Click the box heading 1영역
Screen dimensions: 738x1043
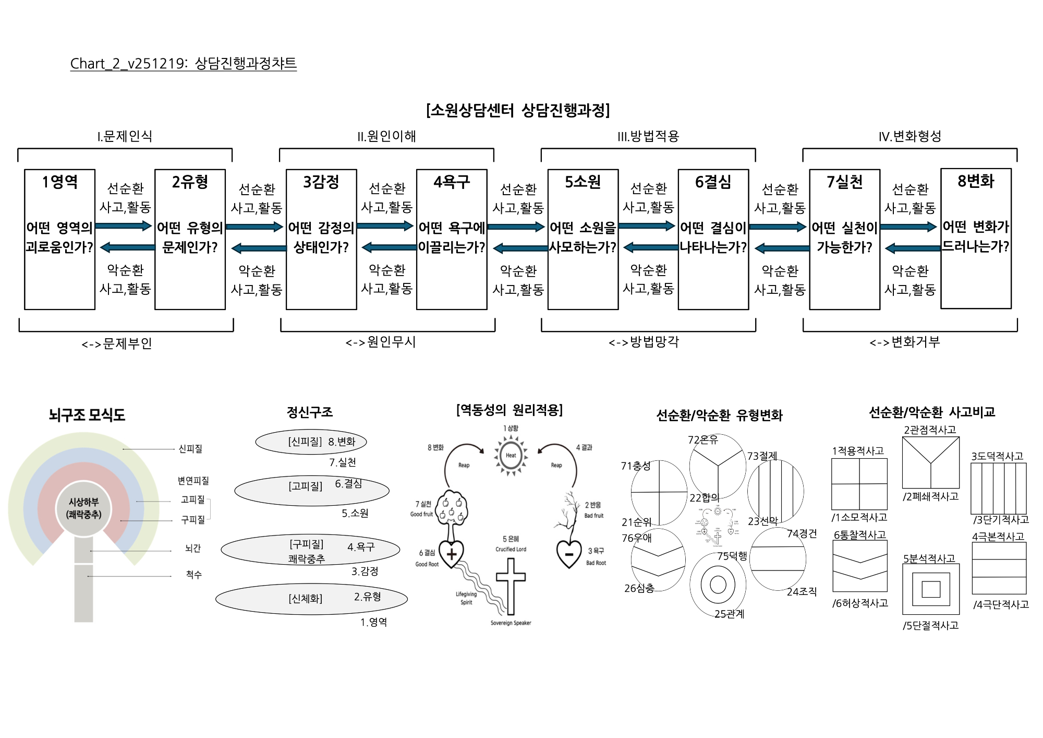coord(60,182)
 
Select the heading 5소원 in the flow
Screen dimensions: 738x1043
coord(583,182)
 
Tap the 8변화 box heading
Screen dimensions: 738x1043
coord(975,181)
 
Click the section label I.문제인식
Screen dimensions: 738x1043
coord(125,136)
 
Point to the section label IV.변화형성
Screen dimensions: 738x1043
coord(909,136)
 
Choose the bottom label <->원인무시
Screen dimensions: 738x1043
coord(381,342)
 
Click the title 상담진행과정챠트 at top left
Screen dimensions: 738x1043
coord(245,63)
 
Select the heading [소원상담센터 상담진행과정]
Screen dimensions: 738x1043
coord(517,110)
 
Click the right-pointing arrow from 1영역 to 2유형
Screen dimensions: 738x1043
coord(124,226)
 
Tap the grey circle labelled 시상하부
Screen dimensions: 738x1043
coord(83,508)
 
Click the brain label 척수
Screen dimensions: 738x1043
coord(193,574)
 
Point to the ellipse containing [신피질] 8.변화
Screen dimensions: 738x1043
coord(311,442)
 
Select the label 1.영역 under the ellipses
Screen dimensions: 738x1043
coord(373,622)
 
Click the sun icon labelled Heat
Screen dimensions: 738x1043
coord(511,455)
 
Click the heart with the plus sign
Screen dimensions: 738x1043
coord(452,554)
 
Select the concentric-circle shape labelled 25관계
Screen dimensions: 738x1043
coord(718,585)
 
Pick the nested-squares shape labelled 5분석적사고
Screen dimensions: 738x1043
coord(930,589)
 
